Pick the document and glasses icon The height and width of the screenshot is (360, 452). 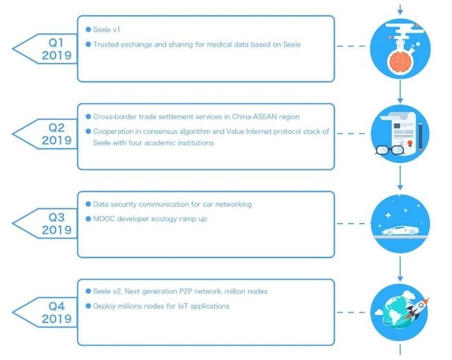pos(400,134)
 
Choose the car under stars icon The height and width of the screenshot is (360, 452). pos(400,223)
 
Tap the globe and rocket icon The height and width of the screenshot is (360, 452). pos(400,311)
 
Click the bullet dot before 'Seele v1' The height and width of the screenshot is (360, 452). pos(88,30)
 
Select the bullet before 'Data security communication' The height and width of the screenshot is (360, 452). pos(88,204)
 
